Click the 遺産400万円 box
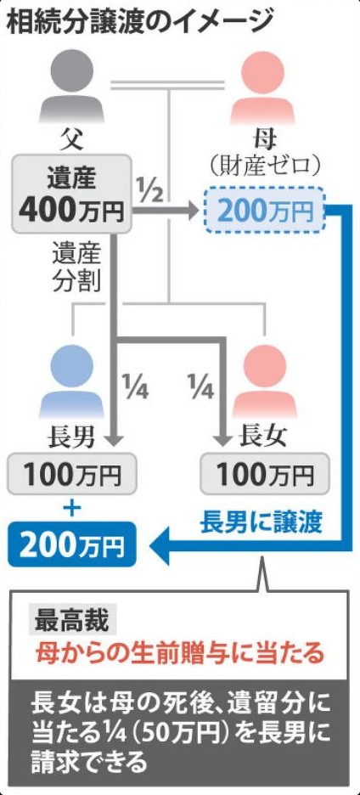point(71,195)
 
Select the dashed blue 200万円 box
point(264,210)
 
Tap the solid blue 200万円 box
point(71,544)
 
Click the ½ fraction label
point(150,188)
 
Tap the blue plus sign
point(72,509)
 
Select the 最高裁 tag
point(71,620)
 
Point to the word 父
point(72,139)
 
